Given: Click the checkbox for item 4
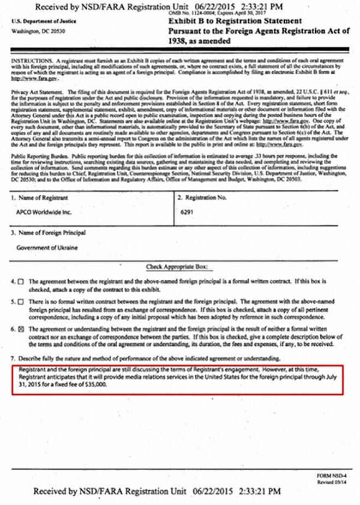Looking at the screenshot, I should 21,281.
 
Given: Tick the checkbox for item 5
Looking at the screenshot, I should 21,301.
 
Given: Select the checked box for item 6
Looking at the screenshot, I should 21,329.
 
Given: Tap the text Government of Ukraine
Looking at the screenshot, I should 47,248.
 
